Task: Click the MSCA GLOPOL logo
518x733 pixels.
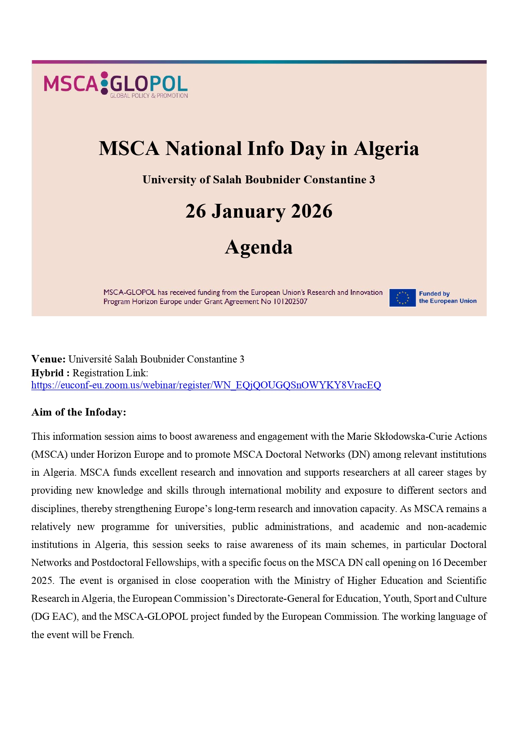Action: pos(116,84)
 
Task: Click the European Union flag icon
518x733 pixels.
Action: pos(402,298)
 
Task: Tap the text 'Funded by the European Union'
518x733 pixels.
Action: pos(447,297)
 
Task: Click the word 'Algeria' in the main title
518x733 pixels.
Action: pos(386,149)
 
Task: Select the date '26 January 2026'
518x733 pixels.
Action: pos(259,211)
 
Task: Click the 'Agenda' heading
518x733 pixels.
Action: pos(259,247)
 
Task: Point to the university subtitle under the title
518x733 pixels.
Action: pos(259,180)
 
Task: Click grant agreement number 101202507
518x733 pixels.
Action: pos(290,302)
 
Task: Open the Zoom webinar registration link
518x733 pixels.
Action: pos(206,385)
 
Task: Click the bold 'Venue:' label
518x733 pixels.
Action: pos(48,359)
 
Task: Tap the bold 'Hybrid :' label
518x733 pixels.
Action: pos(50,373)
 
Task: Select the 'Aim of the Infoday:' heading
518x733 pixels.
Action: pos(78,412)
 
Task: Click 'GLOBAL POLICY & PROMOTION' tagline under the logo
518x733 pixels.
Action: pos(149,96)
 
